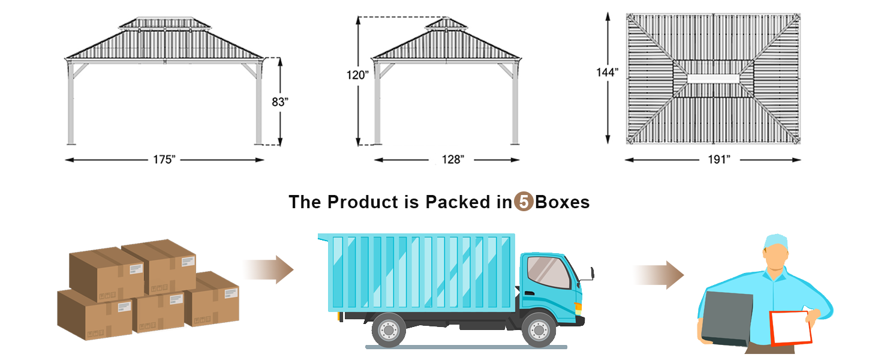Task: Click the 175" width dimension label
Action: coord(164,160)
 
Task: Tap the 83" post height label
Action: coord(280,102)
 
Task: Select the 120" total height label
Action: coord(357,75)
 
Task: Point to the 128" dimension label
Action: coord(453,160)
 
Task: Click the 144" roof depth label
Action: coord(607,73)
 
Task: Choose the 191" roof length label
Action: coord(719,160)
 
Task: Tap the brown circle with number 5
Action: coord(524,202)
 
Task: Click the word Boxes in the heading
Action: coord(562,202)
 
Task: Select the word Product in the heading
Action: coord(363,202)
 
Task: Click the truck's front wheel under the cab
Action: coord(539,330)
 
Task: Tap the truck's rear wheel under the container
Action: coord(389,330)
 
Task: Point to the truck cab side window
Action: coord(548,272)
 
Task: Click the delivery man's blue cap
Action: coord(775,242)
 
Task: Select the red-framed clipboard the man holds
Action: coord(790,328)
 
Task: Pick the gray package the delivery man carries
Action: coord(727,319)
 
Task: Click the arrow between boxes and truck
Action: coord(268,270)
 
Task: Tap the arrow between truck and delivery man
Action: coord(659,275)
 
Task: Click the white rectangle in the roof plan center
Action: coord(713,79)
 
